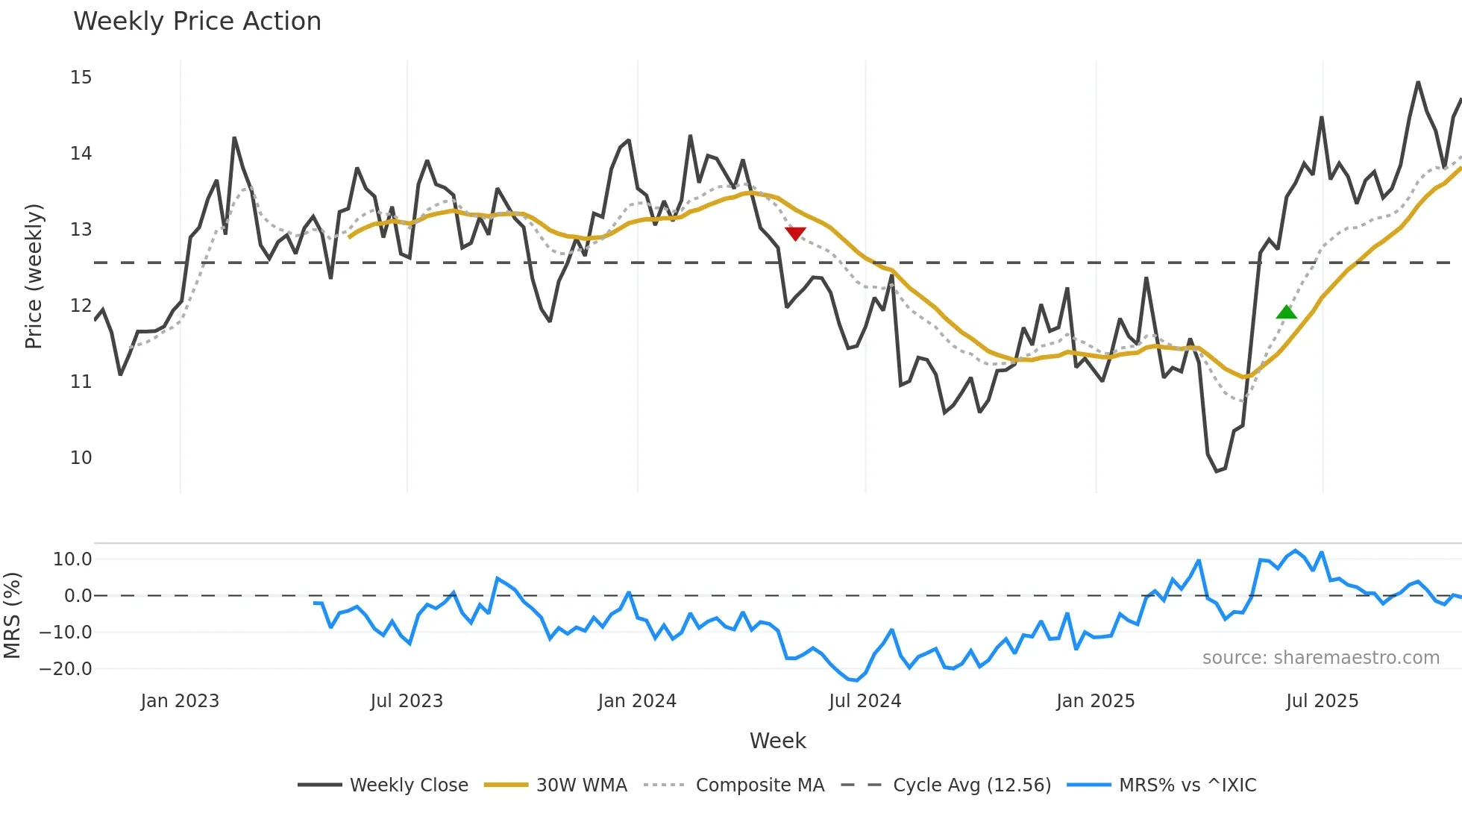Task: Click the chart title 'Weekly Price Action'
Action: coord(197,22)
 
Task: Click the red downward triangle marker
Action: coord(796,233)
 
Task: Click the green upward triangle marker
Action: coord(1286,313)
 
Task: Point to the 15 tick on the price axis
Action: coord(81,78)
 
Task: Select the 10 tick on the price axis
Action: coord(81,458)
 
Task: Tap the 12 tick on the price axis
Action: coord(81,306)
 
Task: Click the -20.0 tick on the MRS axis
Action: coord(66,669)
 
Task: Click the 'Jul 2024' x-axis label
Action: coord(865,701)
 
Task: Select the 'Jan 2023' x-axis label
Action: coord(180,701)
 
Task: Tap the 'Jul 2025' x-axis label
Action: coord(1322,701)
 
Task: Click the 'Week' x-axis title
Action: coord(777,741)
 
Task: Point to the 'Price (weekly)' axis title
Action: coord(34,276)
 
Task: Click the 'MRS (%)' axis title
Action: coord(13,615)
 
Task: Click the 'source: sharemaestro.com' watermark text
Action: coord(1320,658)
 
